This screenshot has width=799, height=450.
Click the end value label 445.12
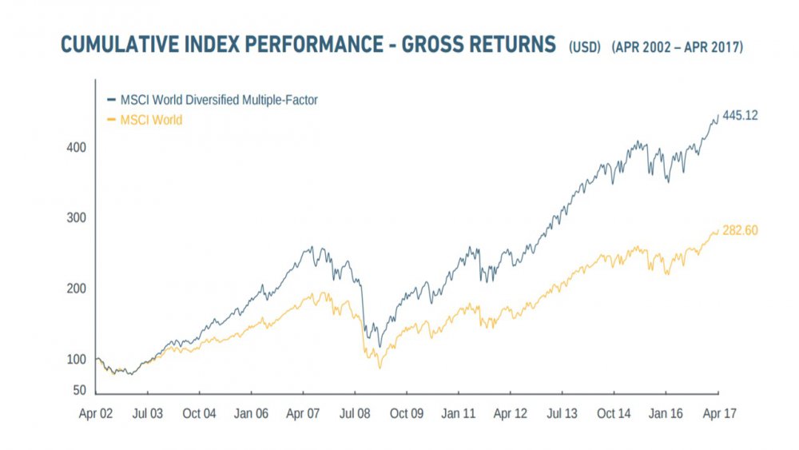click(740, 116)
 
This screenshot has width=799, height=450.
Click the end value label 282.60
click(740, 231)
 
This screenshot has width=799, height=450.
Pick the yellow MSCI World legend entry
click(151, 120)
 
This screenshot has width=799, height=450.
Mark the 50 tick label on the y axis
click(78, 390)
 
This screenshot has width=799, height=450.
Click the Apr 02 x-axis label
click(96, 414)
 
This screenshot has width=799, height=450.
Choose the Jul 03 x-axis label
click(147, 414)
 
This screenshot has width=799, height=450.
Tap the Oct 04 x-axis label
click(199, 414)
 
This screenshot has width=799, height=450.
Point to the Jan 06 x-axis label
click(251, 414)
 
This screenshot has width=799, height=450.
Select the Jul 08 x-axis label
click(354, 414)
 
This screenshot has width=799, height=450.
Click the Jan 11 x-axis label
click(458, 414)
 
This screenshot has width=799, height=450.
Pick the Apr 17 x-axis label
click(718, 414)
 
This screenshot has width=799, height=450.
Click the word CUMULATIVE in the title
click(125, 45)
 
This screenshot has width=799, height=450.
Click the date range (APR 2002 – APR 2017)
click(678, 47)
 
